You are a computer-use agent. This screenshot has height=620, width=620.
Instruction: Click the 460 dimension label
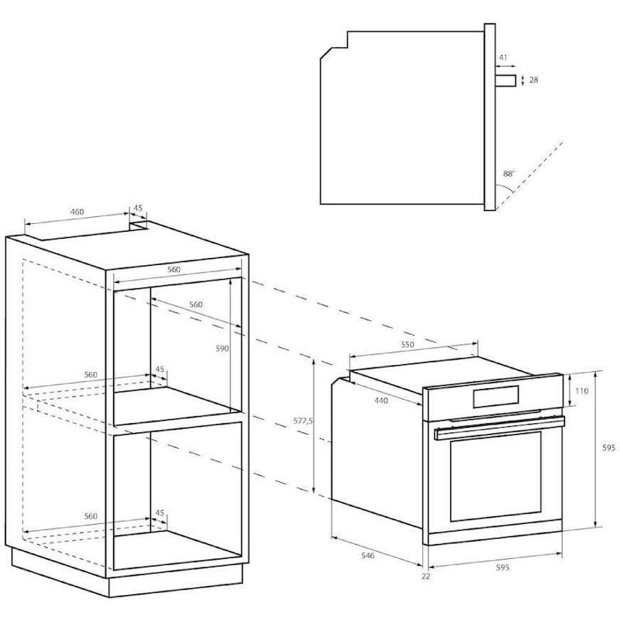77,212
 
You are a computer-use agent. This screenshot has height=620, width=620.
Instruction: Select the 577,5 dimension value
303,421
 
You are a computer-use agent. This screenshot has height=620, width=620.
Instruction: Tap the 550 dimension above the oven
408,344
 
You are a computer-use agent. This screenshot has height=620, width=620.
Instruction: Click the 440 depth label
381,401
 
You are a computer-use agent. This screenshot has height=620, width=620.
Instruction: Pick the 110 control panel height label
582,391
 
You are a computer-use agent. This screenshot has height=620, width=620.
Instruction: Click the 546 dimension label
367,556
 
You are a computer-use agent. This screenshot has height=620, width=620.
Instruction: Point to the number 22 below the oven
425,577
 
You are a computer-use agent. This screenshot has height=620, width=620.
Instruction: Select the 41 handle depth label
502,57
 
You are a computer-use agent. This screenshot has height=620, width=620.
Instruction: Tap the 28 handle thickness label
533,80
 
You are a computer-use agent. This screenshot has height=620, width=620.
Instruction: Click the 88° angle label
509,174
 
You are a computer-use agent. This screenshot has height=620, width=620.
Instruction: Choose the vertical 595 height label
608,448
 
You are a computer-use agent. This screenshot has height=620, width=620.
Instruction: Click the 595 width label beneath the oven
502,567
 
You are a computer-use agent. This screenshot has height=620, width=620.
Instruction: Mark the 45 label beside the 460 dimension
138,208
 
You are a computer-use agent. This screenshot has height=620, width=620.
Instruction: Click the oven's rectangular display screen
495,397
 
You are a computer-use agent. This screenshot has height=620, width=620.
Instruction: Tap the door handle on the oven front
499,429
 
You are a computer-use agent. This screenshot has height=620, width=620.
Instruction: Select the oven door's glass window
495,477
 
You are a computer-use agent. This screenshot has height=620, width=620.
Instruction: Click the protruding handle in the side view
506,81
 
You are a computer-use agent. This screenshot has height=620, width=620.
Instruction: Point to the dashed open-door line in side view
529,175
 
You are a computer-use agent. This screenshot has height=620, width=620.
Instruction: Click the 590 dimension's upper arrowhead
230,280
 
